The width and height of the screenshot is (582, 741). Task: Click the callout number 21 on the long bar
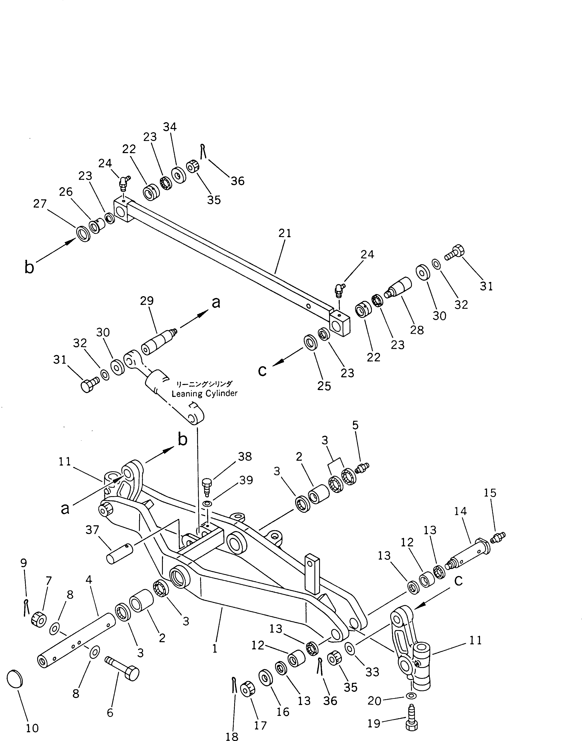tap(285, 234)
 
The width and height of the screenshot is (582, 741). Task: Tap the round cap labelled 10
tap(15, 679)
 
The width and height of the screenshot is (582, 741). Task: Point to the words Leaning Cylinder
tap(204, 394)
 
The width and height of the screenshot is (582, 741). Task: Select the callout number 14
tap(460, 511)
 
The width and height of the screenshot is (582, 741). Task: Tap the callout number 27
tap(40, 204)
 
